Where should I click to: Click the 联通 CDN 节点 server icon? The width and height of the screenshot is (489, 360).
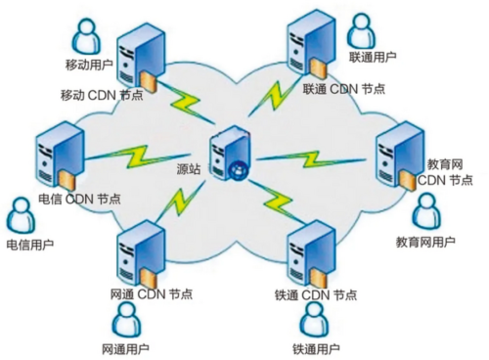[x=305, y=44]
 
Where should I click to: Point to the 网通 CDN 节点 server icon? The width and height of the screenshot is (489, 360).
[x=138, y=250]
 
